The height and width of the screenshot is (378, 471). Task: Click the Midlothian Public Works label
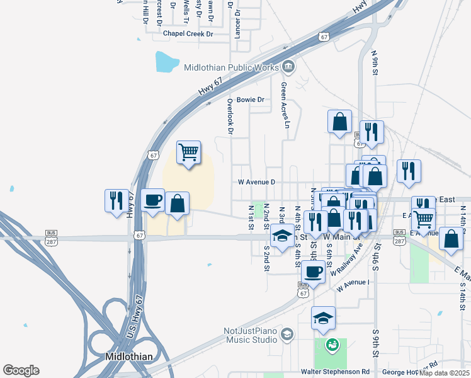pos(231,67)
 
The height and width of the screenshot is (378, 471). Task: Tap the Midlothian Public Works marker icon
pos(288,66)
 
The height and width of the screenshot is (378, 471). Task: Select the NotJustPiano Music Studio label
pos(251,336)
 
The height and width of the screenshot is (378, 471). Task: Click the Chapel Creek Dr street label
pos(188,33)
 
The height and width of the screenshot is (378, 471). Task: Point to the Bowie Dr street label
pos(250,100)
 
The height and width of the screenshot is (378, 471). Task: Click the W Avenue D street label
pos(256,182)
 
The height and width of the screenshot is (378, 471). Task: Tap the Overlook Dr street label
pos(230,116)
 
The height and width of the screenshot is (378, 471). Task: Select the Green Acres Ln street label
pos(285,105)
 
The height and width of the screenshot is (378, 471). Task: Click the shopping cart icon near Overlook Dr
pos(189,152)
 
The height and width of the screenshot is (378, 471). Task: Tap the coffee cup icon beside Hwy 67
pos(153,200)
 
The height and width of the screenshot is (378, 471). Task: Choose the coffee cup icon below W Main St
pos(313,272)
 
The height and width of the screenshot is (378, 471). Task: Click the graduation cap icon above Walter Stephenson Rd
pos(323,319)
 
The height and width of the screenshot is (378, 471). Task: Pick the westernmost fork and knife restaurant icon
pos(116,200)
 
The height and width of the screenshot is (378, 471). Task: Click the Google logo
pos(21,370)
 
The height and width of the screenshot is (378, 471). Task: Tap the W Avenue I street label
pos(353,285)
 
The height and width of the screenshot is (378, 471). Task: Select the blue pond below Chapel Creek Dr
pos(167,61)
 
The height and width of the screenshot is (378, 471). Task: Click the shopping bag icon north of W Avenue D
pos(339,121)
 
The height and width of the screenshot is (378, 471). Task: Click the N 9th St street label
pos(375,64)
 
